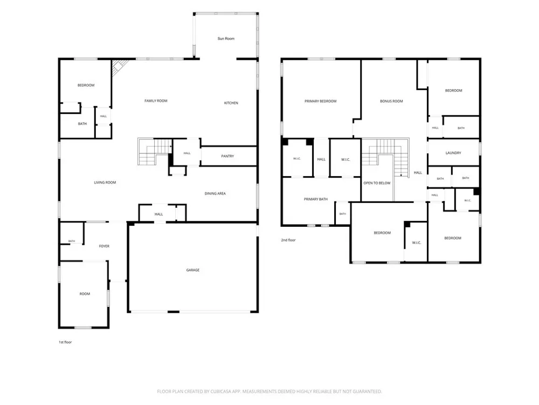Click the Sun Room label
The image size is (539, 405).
(x=226, y=38)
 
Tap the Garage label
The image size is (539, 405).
(x=193, y=270)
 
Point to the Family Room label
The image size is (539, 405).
(x=156, y=101)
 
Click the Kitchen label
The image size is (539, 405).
(x=231, y=103)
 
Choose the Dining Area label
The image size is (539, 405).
(x=215, y=193)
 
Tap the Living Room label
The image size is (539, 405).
(x=105, y=183)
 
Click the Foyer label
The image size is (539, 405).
(x=104, y=246)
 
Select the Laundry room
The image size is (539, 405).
(x=453, y=152)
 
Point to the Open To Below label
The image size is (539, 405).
(x=377, y=183)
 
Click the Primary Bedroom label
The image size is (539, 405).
(x=320, y=102)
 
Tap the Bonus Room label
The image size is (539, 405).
(x=391, y=102)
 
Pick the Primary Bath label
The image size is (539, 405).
(x=315, y=199)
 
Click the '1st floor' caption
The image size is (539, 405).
(x=65, y=342)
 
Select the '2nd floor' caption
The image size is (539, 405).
(x=288, y=240)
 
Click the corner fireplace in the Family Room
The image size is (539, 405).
(x=119, y=66)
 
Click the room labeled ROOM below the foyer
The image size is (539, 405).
(x=84, y=294)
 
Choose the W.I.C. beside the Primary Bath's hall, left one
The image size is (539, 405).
(x=298, y=158)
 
